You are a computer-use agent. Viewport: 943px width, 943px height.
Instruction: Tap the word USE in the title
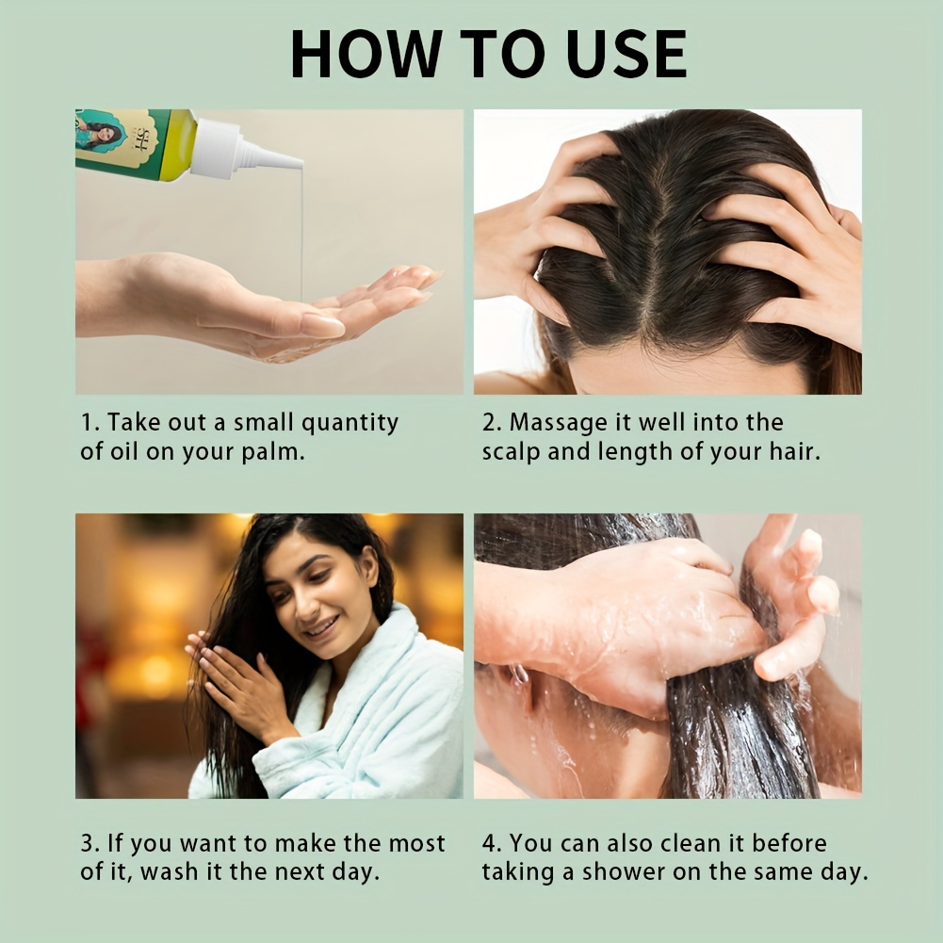tap(626, 54)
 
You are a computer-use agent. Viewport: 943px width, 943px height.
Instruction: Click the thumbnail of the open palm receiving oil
tap(269, 252)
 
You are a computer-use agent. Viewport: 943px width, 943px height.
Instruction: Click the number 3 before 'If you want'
tap(89, 843)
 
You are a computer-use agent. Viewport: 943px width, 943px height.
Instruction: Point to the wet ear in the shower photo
tap(520, 686)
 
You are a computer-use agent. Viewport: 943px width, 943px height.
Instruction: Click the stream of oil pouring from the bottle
tap(301, 235)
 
